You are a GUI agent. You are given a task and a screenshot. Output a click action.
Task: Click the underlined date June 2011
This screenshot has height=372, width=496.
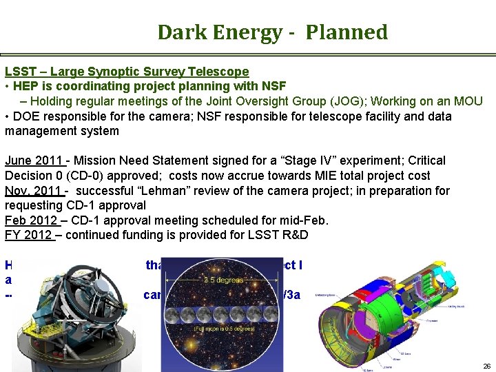tap(34, 161)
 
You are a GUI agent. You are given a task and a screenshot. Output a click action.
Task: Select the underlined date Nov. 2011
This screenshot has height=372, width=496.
tap(34, 191)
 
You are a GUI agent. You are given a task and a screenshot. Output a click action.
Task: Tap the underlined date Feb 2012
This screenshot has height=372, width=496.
tap(32, 220)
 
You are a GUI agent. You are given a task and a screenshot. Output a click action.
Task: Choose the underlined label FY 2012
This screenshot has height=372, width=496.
tap(28, 236)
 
